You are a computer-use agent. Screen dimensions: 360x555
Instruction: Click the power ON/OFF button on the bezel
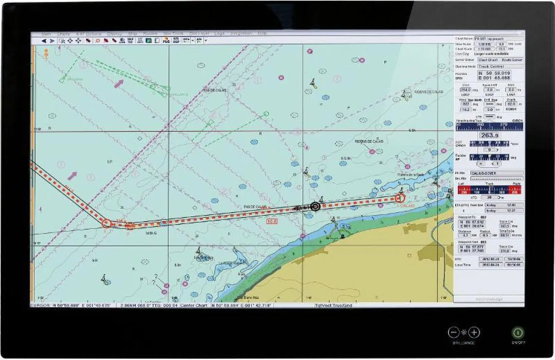pyautogui.click(x=518, y=332)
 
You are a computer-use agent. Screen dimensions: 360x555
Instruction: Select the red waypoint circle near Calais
pyautogui.click(x=400, y=198)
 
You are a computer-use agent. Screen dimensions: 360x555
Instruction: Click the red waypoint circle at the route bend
pyautogui.click(x=106, y=223)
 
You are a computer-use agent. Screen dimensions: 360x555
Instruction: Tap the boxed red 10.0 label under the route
pyautogui.click(x=272, y=222)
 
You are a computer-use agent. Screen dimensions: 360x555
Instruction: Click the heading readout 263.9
pyautogui.click(x=489, y=135)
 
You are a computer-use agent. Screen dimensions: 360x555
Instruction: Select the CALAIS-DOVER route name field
pyautogui.click(x=496, y=173)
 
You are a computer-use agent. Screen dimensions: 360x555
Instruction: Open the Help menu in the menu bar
pyautogui.click(x=262, y=34)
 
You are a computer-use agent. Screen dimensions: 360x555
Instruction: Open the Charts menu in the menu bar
pyautogui.click(x=63, y=34)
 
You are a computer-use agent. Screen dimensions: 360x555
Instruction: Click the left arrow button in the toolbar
pyautogui.click(x=44, y=41)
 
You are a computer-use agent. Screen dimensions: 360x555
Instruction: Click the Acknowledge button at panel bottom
pyautogui.click(x=489, y=299)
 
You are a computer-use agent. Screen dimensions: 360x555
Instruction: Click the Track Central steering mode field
pyautogui.click(x=494, y=67)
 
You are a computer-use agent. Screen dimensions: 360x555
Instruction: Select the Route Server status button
pyautogui.click(x=512, y=60)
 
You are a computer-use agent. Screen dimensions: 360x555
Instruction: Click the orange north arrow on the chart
pyautogui.click(x=46, y=54)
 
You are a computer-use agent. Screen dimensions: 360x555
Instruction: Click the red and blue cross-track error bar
pyautogui.click(x=490, y=190)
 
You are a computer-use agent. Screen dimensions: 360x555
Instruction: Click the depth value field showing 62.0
pyautogui.click(x=511, y=104)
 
